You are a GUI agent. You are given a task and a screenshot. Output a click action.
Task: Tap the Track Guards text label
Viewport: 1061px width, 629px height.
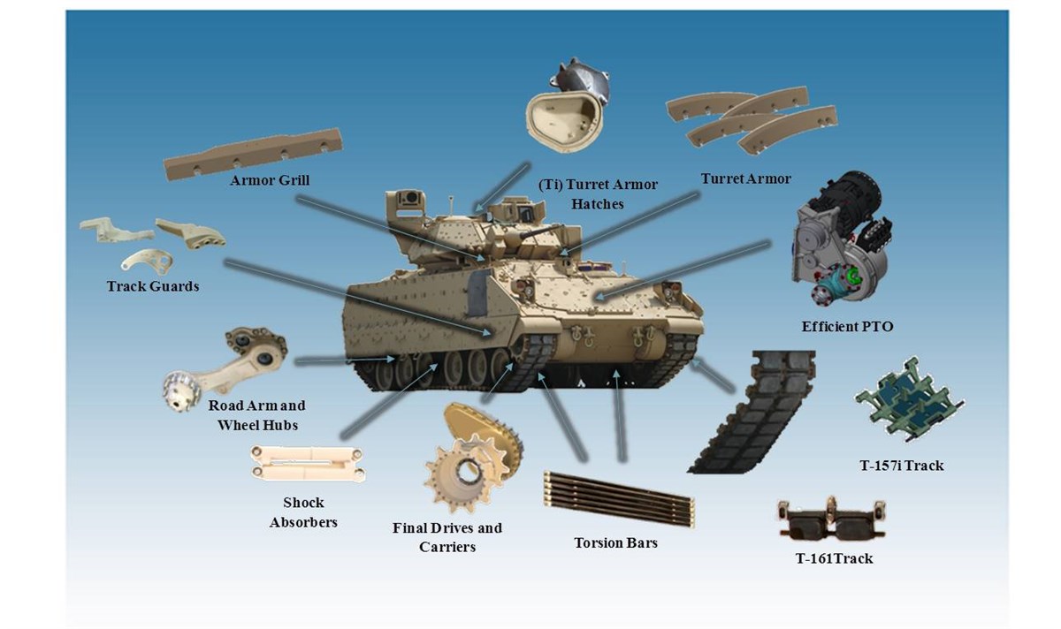pyautogui.click(x=152, y=286)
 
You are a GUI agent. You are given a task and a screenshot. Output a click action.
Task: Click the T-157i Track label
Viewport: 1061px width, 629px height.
pyautogui.click(x=901, y=465)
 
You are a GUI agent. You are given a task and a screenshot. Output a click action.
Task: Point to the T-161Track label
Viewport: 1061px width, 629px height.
pyautogui.click(x=834, y=558)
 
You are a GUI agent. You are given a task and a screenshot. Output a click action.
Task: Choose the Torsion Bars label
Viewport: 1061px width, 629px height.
pyautogui.click(x=615, y=542)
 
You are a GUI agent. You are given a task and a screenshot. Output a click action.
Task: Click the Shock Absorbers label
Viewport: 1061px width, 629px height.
pyautogui.click(x=303, y=512)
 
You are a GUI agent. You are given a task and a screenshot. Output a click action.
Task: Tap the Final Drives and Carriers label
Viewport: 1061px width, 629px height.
pyautogui.click(x=447, y=537)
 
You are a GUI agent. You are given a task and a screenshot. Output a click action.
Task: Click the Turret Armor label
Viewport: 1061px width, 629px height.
pyautogui.click(x=745, y=178)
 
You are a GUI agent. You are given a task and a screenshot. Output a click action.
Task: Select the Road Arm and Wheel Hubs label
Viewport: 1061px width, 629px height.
pyautogui.click(x=256, y=415)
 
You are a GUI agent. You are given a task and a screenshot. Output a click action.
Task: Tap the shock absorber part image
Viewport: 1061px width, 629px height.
pyautogui.click(x=306, y=464)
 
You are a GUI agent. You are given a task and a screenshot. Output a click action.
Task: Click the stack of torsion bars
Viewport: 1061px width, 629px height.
pyautogui.click(x=618, y=496)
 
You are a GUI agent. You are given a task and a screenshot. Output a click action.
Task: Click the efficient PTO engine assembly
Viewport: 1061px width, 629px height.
pyautogui.click(x=840, y=239)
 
